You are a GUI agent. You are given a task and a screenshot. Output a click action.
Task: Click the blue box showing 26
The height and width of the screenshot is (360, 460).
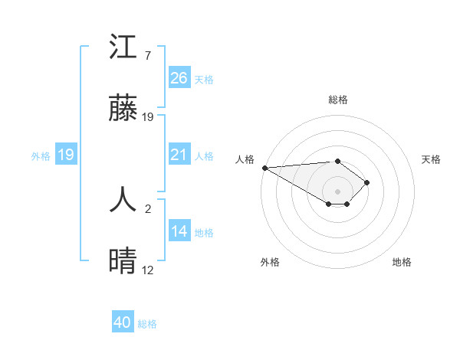click(179, 78)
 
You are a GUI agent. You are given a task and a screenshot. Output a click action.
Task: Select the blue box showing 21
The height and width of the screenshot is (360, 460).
click(179, 155)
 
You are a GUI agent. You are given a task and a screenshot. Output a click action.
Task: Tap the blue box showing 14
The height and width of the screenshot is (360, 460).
click(179, 232)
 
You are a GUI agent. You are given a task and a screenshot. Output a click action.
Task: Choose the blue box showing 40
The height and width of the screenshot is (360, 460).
click(123, 323)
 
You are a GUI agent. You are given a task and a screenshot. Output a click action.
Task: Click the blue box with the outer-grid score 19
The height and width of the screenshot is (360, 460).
click(66, 155)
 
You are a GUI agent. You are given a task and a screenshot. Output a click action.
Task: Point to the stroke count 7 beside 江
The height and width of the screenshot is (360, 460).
click(147, 56)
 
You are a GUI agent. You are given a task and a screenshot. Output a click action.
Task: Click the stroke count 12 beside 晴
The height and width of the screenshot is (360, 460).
click(148, 270)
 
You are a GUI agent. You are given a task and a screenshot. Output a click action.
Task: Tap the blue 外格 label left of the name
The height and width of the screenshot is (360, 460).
click(41, 156)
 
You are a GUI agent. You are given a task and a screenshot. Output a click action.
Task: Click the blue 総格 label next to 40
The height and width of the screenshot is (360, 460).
click(148, 324)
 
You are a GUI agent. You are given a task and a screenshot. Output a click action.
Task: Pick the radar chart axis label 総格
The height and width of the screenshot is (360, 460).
click(337, 100)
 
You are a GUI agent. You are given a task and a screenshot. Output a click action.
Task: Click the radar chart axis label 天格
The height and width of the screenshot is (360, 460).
click(431, 159)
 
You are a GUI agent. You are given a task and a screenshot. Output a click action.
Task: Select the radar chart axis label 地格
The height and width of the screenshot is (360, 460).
click(402, 262)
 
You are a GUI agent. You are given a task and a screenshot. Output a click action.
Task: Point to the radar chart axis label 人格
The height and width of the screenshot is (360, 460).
click(245, 159)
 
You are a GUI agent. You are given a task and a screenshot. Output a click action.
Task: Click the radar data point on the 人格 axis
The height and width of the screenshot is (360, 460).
click(264, 168)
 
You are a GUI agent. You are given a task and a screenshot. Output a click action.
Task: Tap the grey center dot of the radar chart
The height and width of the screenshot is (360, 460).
click(337, 191)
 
